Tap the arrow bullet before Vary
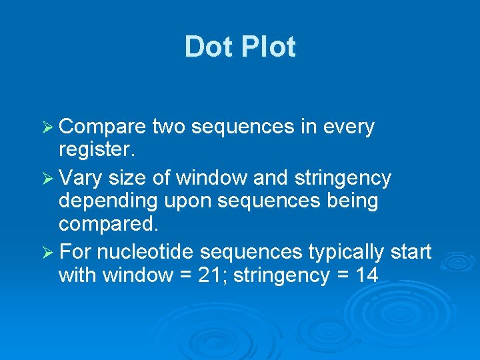[x=48, y=179]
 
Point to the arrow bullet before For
[x=48, y=253]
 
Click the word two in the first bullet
[x=171, y=127]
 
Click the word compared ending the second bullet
[x=109, y=223]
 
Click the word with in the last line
[x=79, y=275]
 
